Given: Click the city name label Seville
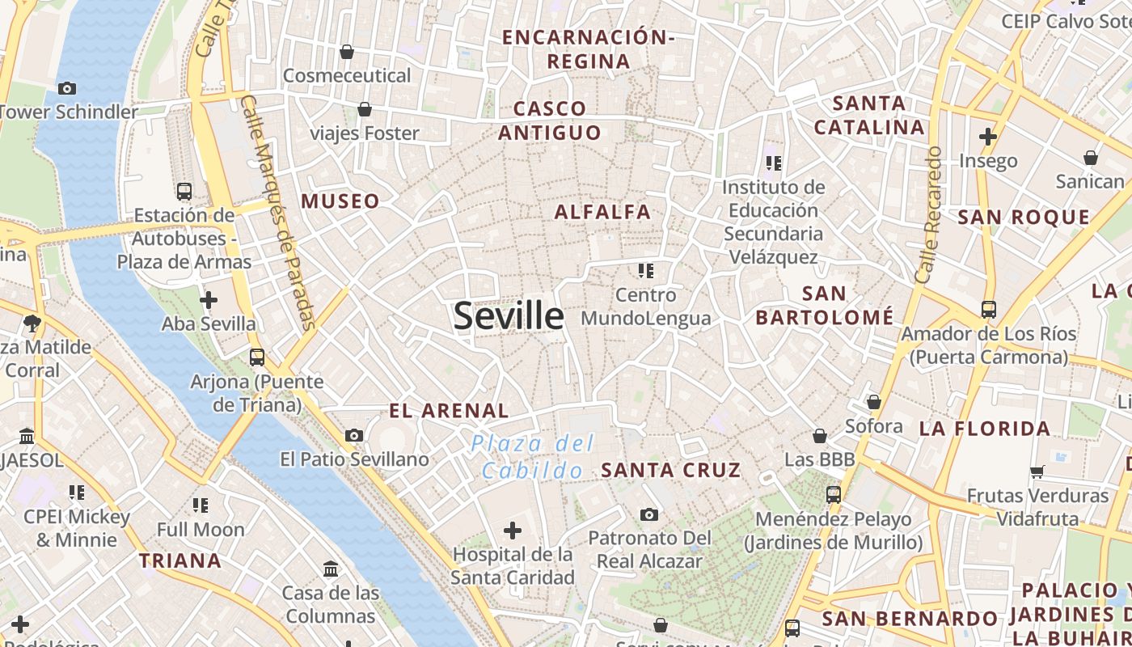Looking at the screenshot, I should coord(509,315).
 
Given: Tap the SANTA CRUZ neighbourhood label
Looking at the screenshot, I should coord(670,470).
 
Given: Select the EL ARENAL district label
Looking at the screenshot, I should coord(449,411).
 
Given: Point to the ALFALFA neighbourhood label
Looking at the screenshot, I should coord(602,212).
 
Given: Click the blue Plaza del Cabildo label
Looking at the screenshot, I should coord(532,457).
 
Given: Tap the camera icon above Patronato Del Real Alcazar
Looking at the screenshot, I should coord(648,514).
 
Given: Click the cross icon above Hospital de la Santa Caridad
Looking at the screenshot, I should coord(512,531).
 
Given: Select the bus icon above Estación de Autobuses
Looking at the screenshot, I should coord(184,192).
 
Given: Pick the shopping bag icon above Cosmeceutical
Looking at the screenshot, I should coord(347,52).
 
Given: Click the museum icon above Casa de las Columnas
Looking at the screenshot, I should coord(331,569).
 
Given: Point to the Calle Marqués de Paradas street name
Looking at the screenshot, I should coord(277,214).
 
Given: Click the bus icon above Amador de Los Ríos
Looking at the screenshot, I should coord(988,309).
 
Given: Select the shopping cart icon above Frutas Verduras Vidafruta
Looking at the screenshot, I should coord(1037,472).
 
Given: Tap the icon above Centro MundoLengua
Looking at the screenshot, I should coord(645,270).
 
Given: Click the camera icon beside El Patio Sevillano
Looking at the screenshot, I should coord(353,436).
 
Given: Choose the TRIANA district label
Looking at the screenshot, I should coord(180,560).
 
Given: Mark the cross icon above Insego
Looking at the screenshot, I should coord(987,137).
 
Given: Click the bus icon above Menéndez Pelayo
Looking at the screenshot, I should coord(834,494).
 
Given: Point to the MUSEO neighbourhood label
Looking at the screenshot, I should coord(340,201).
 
